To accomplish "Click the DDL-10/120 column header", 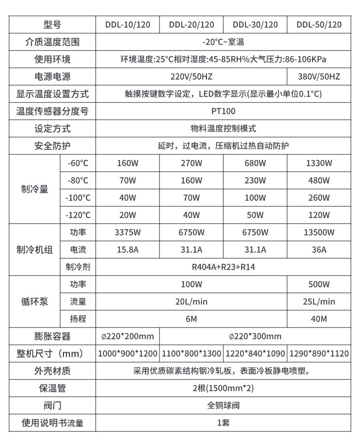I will tap(128, 25).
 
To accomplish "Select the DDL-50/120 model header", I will tap(319, 25).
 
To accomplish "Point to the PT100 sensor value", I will tap(223, 111).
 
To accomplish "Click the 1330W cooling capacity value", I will tap(319, 163).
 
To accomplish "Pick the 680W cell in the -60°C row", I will tap(255, 163).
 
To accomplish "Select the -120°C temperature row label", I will tap(78, 215).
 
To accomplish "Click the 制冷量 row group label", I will tap(35, 189).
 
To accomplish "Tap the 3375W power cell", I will tap(128, 232).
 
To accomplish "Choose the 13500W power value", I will tap(319, 232).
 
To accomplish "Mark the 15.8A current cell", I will tap(128, 250).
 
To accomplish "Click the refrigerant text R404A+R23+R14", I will tap(223, 267).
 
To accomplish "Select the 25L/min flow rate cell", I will tap(319, 302).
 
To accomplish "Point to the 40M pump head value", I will tap(319, 319).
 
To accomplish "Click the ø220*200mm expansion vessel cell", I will tap(128, 337).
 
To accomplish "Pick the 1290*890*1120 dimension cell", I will tap(319, 354).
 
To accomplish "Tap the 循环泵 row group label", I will tap(35, 302).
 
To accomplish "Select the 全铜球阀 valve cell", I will tap(223, 405).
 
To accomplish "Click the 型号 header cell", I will tap(52, 25).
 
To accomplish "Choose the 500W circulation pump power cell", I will tap(319, 284).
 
